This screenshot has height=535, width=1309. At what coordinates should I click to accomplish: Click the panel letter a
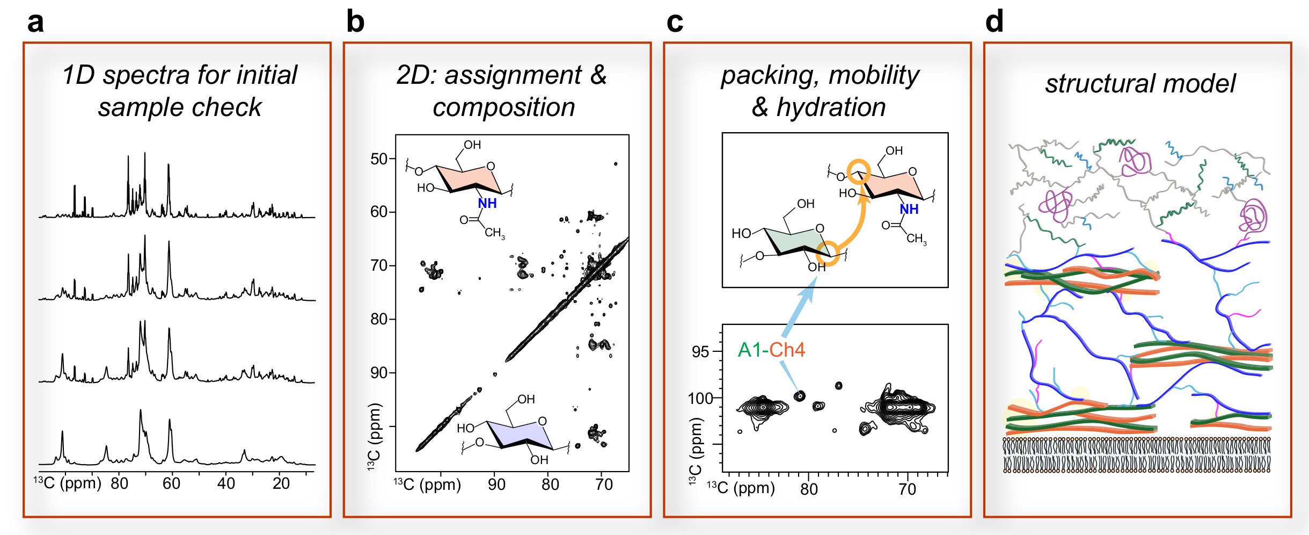[x=35, y=23]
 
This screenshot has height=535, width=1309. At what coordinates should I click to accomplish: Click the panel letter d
[x=994, y=23]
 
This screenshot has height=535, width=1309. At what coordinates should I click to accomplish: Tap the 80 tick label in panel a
[x=119, y=483]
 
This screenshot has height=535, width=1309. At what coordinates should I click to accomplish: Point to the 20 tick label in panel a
[x=281, y=483]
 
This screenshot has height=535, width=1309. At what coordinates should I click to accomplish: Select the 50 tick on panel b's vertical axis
[x=379, y=159]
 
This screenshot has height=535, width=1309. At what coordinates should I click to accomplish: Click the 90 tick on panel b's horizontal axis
[x=496, y=485]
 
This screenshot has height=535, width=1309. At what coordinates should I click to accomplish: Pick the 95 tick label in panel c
[x=700, y=352]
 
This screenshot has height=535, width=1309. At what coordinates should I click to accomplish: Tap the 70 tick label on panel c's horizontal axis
[x=907, y=489]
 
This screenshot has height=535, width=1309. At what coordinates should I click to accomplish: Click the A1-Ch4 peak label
[x=771, y=350]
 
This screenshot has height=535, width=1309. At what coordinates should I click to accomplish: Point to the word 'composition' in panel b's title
[x=503, y=107]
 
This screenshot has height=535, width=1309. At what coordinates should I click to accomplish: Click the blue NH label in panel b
[x=487, y=204]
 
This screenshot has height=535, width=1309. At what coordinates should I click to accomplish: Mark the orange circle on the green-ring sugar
[x=828, y=253]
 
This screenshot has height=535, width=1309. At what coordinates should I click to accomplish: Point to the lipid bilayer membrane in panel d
[x=1137, y=455]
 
